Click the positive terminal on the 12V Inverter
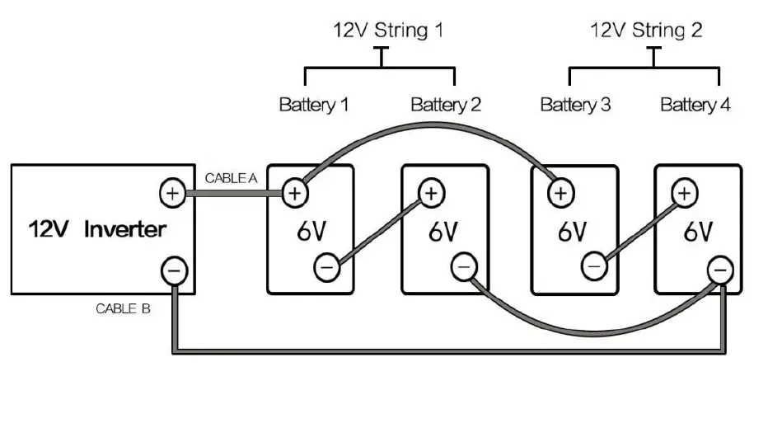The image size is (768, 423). tap(171, 194)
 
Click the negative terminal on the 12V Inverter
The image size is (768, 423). tap(173, 270)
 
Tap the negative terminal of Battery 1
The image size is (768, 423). tap(326, 266)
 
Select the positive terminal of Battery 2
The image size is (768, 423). tap(430, 193)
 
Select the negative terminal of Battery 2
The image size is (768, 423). tap(464, 266)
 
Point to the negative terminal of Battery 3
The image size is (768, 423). tap(593, 266)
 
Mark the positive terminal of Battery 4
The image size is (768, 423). tap(683, 193)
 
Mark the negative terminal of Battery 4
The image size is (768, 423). tap(720, 269)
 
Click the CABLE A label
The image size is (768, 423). tap(231, 177)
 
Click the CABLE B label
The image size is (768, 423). tap(123, 309)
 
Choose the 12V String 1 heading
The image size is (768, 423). tap(388, 31)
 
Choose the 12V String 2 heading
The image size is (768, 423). tap(646, 31)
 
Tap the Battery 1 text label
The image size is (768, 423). tap(313, 105)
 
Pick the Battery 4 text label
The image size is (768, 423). tap(695, 105)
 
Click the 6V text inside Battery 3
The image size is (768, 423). tap(571, 232)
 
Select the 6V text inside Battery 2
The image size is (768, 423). tap(443, 232)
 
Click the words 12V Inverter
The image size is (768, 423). tap(97, 229)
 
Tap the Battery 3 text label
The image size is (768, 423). tap(575, 105)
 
